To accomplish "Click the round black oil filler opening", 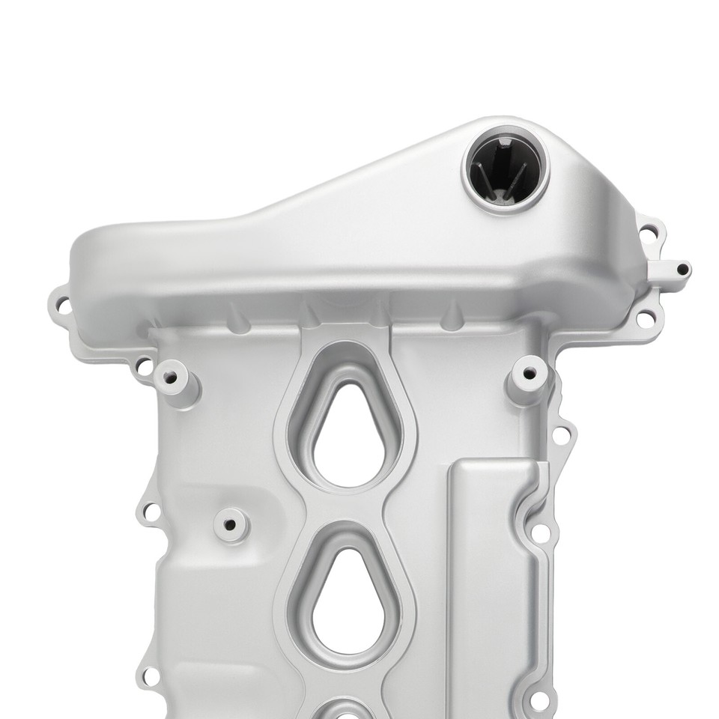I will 506,169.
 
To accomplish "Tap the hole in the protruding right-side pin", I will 682,269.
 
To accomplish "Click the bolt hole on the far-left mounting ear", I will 62,306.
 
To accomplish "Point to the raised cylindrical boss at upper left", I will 172,377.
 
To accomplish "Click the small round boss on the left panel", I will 230,523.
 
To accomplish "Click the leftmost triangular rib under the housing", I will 238,319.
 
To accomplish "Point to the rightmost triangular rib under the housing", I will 452,318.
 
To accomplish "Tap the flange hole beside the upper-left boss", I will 142,368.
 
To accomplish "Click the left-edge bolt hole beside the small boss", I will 151,512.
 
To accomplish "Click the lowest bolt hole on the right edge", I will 539,701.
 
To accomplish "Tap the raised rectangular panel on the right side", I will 491,584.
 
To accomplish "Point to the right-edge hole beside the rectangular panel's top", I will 539,533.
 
